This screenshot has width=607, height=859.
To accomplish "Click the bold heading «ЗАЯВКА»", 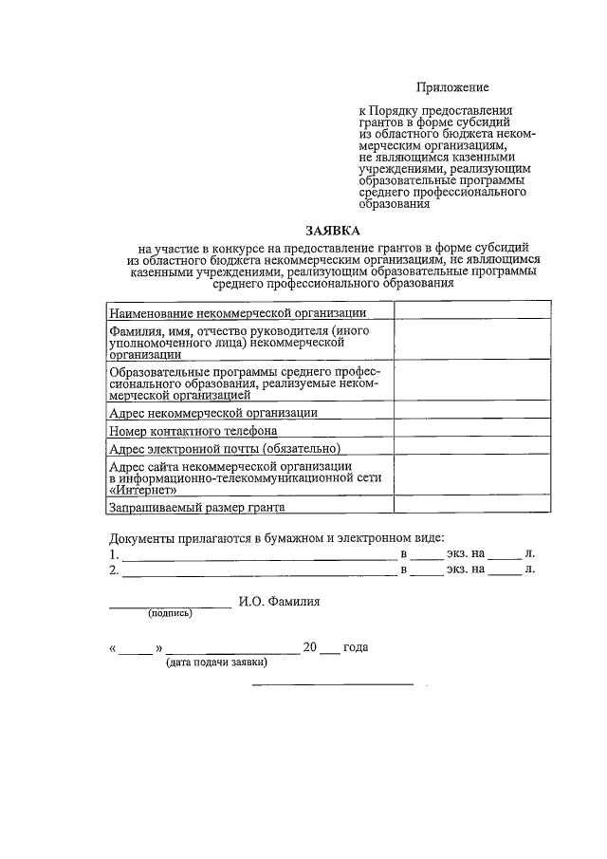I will (x=333, y=230).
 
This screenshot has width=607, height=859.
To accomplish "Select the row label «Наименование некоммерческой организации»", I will (x=237, y=312).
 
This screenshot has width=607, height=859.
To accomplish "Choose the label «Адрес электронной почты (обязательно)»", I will (x=225, y=448).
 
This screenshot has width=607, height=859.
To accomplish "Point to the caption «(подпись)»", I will (x=169, y=613).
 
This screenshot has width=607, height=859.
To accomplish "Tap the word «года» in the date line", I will (x=356, y=648).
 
